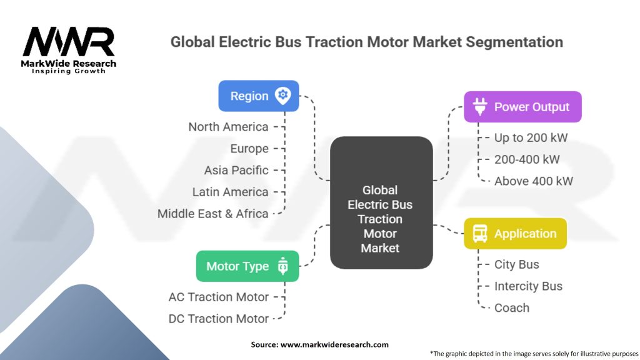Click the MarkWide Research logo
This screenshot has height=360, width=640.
69,49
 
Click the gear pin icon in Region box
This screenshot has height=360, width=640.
282,95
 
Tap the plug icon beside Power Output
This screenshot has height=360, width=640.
480,107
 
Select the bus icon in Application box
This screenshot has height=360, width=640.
480,234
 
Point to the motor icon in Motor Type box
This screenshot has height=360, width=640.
282,266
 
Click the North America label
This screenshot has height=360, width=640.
228,127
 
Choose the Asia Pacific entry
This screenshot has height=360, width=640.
236,170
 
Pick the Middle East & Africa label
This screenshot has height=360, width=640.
212,213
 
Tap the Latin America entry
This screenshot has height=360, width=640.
230,192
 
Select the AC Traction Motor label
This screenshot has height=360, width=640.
218,297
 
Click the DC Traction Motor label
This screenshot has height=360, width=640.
218,318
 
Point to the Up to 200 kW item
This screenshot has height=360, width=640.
531,138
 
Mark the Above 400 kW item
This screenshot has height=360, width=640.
533,181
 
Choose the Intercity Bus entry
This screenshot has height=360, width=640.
528,286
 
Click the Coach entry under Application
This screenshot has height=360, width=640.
511,307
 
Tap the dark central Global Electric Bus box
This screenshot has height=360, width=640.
380,203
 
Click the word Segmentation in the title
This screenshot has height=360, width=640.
506,42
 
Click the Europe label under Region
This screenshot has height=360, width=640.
249,149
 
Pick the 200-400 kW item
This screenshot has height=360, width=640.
527,159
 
